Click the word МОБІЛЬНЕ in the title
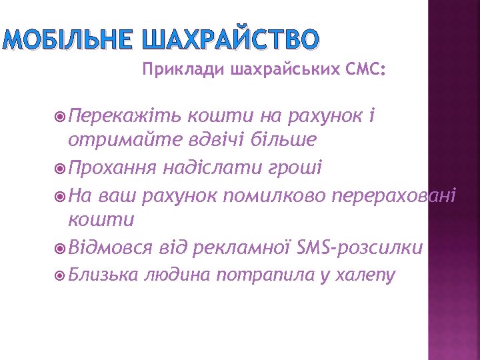tap(68, 41)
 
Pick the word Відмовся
tap(110, 248)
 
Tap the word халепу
tap(367, 274)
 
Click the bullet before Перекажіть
tap(59, 117)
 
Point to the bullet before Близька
tap(59, 274)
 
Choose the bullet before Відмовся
tap(59, 249)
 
